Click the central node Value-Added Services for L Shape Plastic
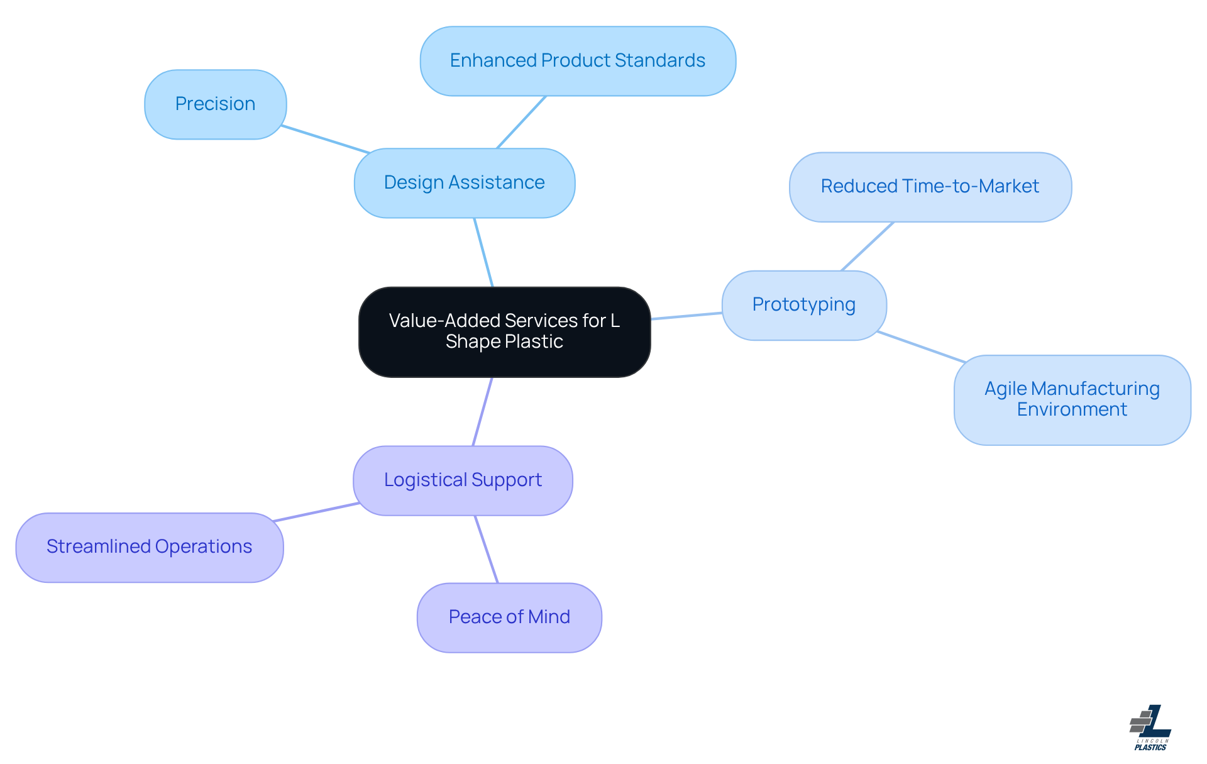(504, 332)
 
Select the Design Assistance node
(464, 183)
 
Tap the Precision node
(215, 104)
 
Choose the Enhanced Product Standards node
(577, 61)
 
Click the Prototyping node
(803, 305)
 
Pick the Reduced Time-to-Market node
(930, 187)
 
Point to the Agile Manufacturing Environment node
(1072, 400)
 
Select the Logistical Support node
(463, 480)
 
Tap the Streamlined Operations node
(149, 547)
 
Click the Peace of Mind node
(509, 617)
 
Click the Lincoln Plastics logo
(1150, 728)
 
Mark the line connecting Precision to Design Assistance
(325, 139)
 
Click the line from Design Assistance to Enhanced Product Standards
(521, 123)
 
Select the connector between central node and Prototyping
(686, 316)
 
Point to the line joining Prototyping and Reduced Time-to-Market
(867, 246)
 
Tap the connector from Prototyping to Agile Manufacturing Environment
(921, 347)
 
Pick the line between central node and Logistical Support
(482, 412)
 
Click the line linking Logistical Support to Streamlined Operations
(316, 512)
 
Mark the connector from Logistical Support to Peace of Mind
(486, 549)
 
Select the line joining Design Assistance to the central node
(483, 252)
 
